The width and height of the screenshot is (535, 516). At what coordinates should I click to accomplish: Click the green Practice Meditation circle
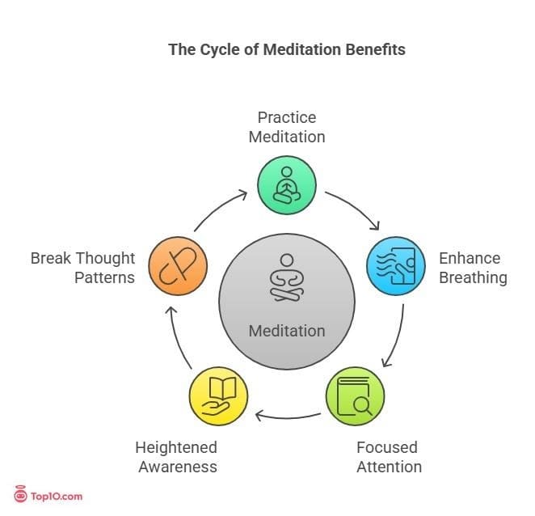[x=287, y=184]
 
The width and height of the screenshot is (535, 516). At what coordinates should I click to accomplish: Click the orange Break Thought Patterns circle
[x=177, y=266]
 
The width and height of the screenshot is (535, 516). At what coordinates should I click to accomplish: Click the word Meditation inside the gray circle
[x=286, y=331]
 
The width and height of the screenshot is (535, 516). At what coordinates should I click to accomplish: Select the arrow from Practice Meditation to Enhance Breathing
[x=352, y=210]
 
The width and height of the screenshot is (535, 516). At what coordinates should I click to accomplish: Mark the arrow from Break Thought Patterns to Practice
[x=220, y=210]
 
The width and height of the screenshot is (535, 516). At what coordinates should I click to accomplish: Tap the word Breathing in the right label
[x=473, y=278]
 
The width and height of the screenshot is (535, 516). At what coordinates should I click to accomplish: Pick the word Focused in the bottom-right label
[x=387, y=447]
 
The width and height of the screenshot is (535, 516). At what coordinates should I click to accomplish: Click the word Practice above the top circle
[x=286, y=117]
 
